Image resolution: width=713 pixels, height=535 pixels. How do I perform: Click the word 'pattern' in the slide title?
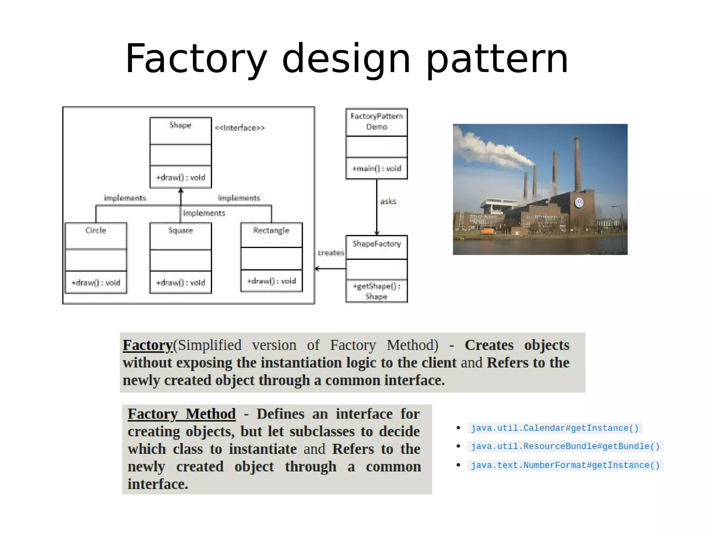pos(497,59)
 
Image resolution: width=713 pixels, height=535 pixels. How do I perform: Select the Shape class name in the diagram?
pos(180,125)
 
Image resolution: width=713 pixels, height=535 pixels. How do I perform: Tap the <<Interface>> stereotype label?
pos(240,128)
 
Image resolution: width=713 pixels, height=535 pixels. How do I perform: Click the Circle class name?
pos(96,230)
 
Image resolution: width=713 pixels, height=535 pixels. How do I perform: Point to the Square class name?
pos(180,230)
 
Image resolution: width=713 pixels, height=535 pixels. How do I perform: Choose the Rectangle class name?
pos(271,230)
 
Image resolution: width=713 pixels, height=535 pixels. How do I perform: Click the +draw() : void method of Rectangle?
pos(272,281)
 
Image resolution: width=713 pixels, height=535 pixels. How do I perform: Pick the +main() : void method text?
pos(377,169)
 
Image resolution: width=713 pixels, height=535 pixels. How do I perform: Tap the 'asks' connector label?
pos(388,201)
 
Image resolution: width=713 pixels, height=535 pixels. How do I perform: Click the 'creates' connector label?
pos(331,253)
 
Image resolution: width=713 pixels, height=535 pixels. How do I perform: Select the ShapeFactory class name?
pos(377,244)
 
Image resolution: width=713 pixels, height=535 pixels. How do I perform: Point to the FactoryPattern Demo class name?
pos(377,121)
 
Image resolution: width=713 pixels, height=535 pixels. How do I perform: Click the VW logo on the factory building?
pos(579,202)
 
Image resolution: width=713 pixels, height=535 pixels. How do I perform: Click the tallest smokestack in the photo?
pos(577,164)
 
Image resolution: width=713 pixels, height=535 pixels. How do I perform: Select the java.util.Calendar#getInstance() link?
pos(555,428)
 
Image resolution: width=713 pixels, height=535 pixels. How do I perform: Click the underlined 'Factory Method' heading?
pos(181,414)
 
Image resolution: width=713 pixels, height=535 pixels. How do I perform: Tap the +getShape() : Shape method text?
pos(377,291)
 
